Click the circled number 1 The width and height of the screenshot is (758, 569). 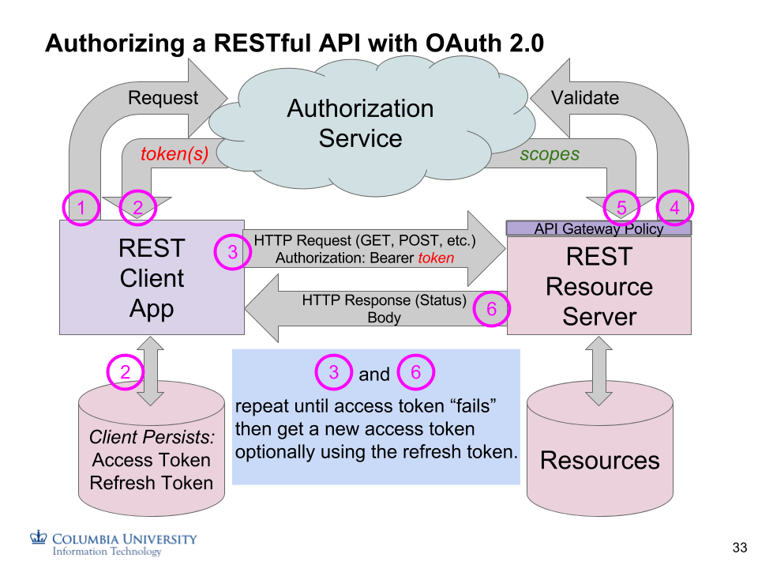click(x=81, y=208)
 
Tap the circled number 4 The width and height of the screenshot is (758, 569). click(x=674, y=208)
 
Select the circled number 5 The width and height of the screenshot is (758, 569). click(x=622, y=208)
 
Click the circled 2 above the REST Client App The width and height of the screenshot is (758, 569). click(x=137, y=208)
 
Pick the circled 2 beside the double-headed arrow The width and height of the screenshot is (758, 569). click(x=125, y=372)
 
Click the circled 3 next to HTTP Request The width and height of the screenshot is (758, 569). click(x=232, y=252)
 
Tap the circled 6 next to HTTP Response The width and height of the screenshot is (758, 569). click(x=491, y=309)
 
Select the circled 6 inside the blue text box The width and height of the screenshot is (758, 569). click(x=415, y=372)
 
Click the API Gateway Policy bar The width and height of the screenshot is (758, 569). click(x=599, y=228)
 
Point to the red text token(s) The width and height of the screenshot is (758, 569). click(x=174, y=154)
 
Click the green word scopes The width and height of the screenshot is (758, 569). click(x=550, y=154)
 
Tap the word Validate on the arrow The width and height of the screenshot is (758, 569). click(x=584, y=98)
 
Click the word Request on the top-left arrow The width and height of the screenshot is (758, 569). click(x=163, y=98)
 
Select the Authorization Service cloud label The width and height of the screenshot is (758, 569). click(x=360, y=123)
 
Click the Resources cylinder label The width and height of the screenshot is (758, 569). click(x=599, y=460)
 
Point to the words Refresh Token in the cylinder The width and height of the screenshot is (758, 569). click(x=152, y=483)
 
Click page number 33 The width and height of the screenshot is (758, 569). click(x=739, y=548)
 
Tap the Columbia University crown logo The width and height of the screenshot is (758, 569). click(x=39, y=537)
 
